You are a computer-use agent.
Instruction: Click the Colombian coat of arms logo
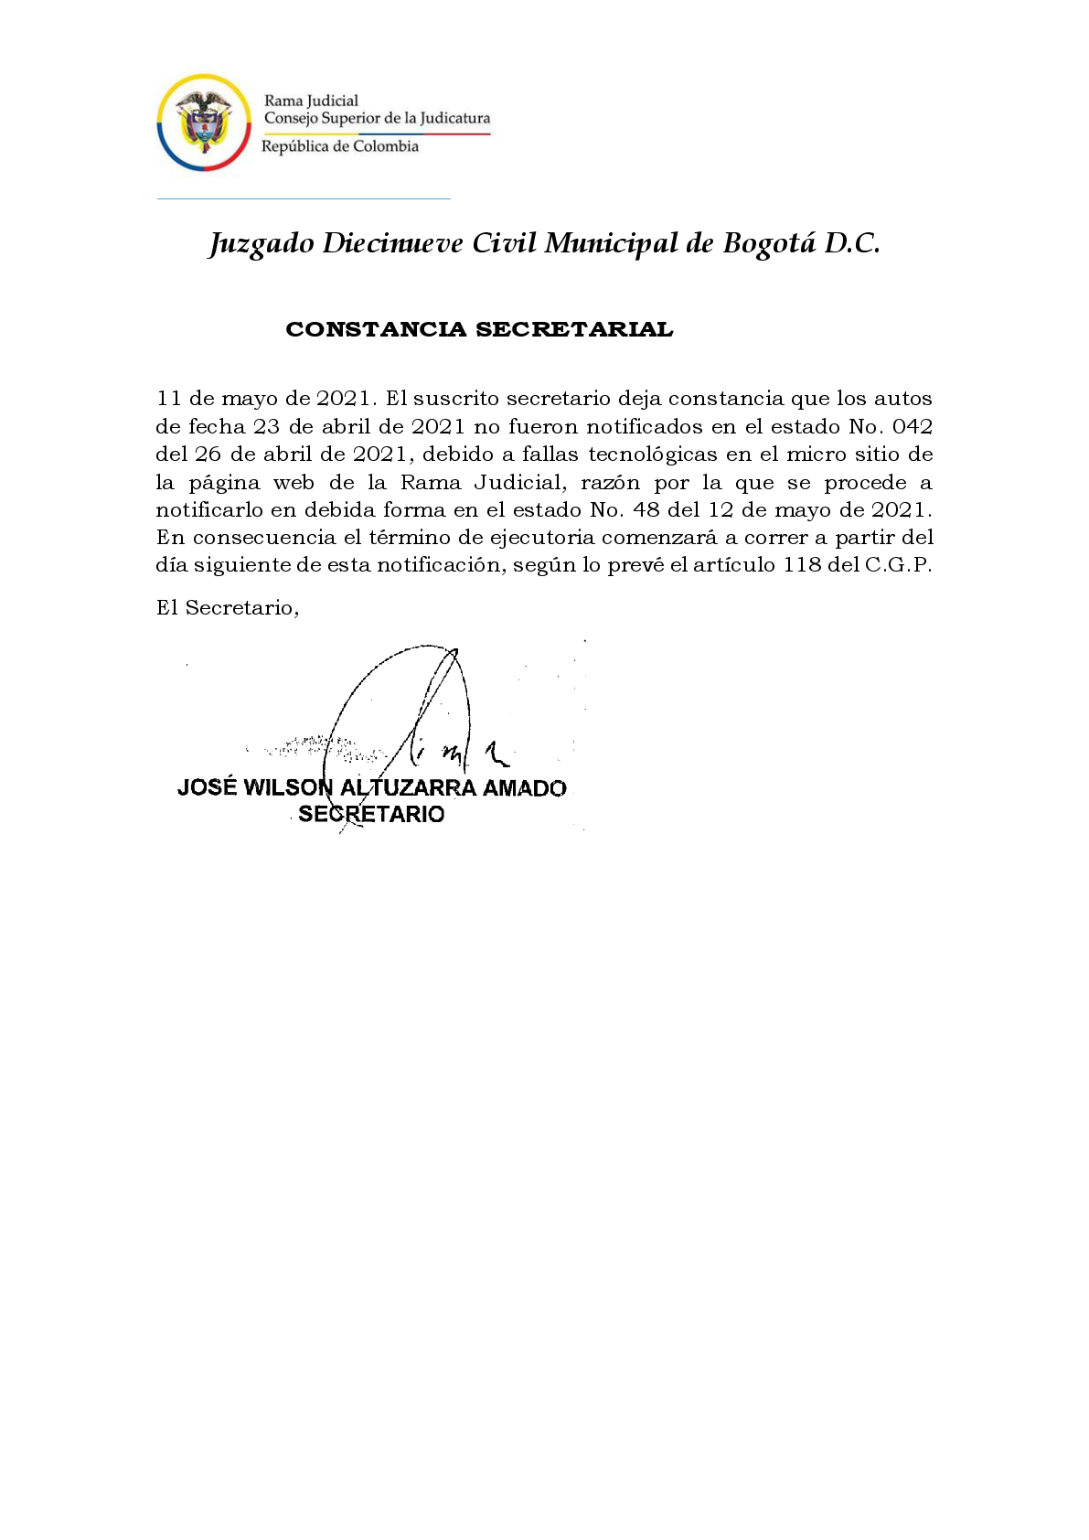pyautogui.click(x=204, y=123)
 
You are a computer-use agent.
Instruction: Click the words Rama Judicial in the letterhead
pyautogui.click(x=311, y=101)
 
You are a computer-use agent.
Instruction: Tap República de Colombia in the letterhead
pyautogui.click(x=340, y=146)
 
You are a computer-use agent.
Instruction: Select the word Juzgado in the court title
pyautogui.click(x=261, y=244)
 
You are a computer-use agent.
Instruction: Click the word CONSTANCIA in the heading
pyautogui.click(x=376, y=330)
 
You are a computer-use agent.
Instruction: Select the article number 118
pyautogui.click(x=802, y=565)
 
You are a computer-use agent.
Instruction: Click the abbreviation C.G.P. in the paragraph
pyautogui.click(x=898, y=565)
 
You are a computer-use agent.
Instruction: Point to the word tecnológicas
pyautogui.click(x=652, y=455)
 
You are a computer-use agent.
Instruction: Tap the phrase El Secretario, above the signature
pyautogui.click(x=228, y=608)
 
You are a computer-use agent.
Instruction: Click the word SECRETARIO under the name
pyautogui.click(x=371, y=815)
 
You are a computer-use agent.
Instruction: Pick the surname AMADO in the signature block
pyautogui.click(x=524, y=788)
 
